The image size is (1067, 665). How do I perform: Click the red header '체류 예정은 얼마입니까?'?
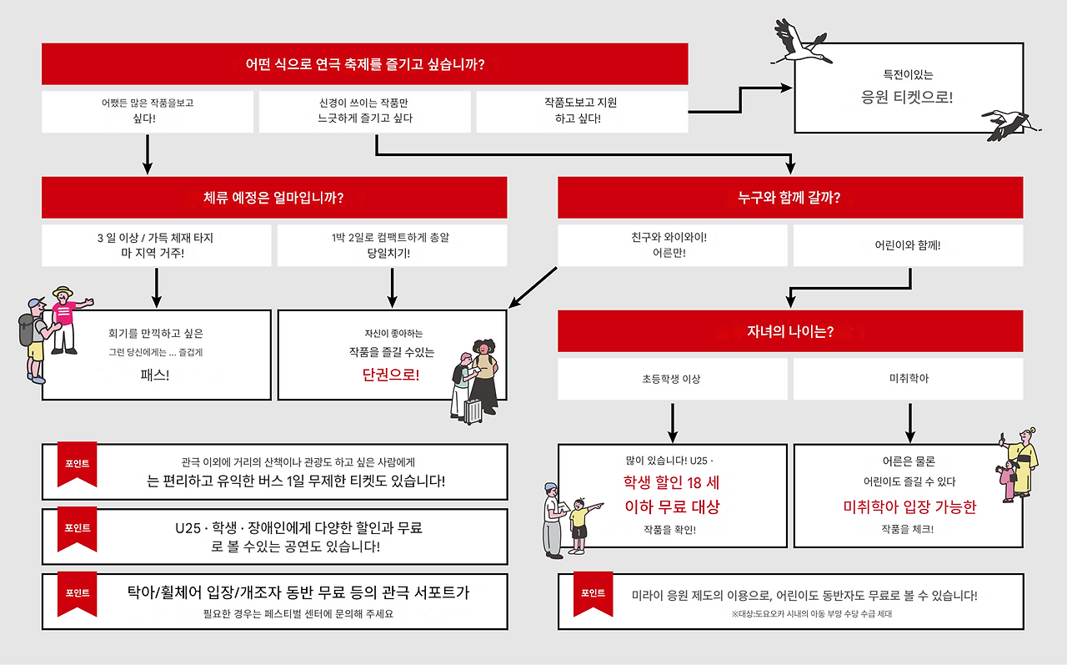click(x=273, y=198)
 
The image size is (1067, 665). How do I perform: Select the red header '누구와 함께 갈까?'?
click(x=789, y=198)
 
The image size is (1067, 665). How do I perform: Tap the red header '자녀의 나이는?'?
click(x=789, y=331)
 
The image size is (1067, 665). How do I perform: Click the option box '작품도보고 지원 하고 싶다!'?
click(x=581, y=111)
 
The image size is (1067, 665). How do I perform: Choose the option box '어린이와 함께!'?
click(x=908, y=246)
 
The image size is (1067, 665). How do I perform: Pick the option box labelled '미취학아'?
click(x=908, y=379)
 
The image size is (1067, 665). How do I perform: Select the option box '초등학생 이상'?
click(x=672, y=379)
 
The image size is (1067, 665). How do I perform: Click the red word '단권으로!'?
click(x=391, y=375)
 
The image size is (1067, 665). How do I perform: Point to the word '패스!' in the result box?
click(x=155, y=375)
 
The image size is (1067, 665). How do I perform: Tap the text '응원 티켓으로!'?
click(x=907, y=97)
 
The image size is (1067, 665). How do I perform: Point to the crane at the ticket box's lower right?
click(x=1010, y=122)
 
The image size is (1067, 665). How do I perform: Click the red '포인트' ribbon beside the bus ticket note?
click(x=77, y=463)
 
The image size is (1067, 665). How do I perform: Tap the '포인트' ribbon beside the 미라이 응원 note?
click(x=593, y=593)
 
